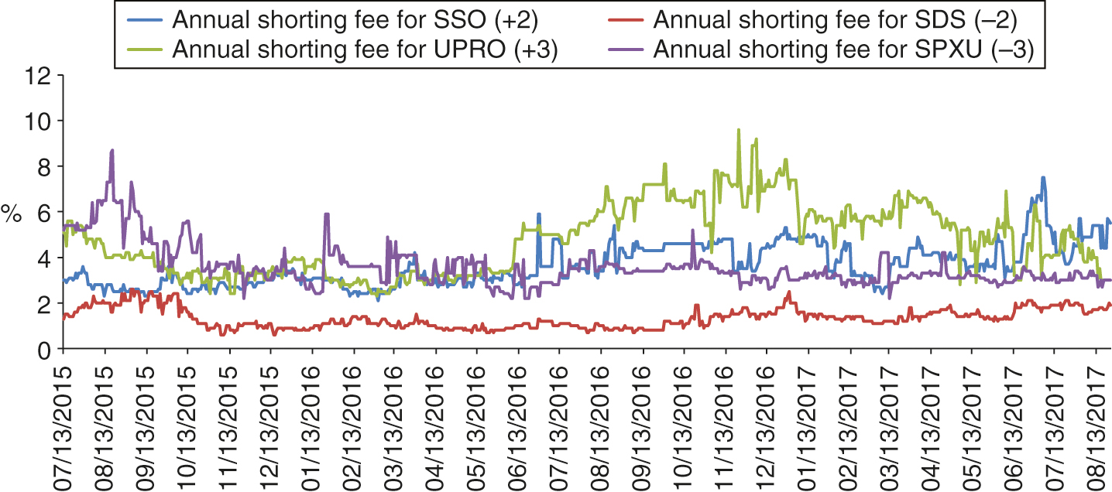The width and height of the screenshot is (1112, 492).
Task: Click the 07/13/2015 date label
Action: pyautogui.click(x=64, y=425)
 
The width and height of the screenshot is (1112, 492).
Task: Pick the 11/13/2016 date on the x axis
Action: pyautogui.click(x=726, y=425)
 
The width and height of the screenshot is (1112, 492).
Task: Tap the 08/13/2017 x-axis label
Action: pyautogui.click(x=1097, y=425)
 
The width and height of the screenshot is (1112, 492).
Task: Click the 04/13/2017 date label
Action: pyautogui.click(x=932, y=425)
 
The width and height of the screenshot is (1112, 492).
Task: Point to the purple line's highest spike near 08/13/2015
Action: pyautogui.click(x=112, y=151)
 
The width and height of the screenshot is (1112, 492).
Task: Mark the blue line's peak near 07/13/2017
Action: pyautogui.click(x=1043, y=177)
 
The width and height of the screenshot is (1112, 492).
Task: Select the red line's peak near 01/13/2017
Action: pyautogui.click(x=788, y=292)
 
